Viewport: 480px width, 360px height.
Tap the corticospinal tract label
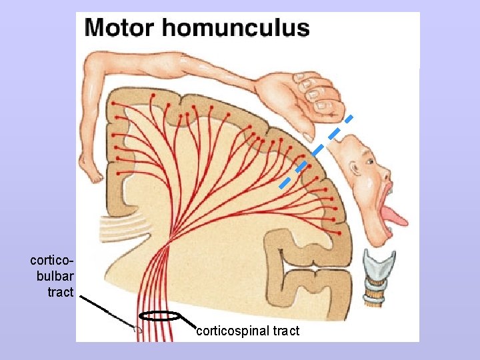point(248,331)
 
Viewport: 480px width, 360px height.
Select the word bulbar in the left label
point(55,275)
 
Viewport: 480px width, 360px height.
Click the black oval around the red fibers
point(160,317)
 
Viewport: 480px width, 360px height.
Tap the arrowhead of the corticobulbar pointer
point(137,328)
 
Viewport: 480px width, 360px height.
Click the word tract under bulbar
point(60,292)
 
